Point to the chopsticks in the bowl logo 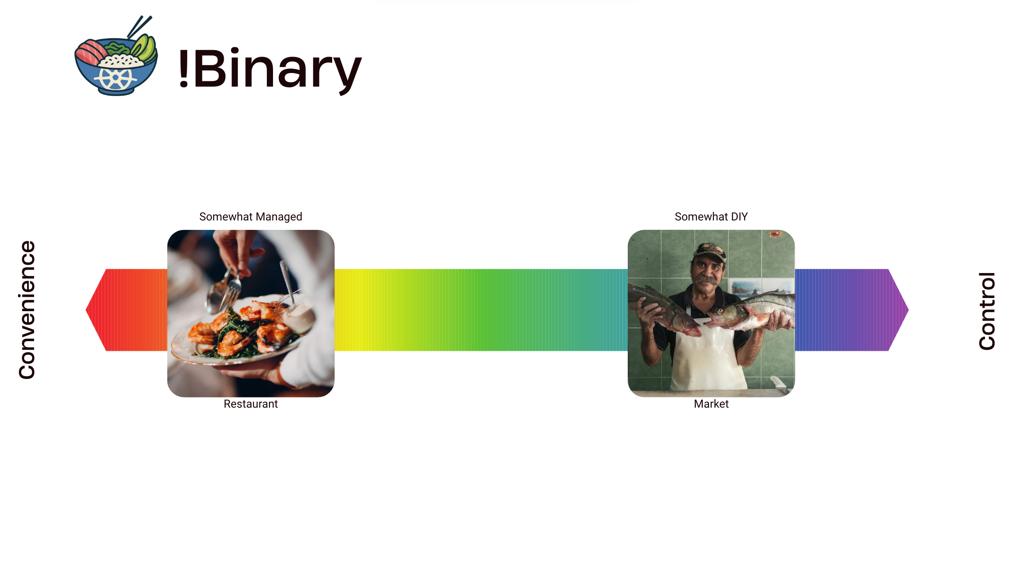point(139,26)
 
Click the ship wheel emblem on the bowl point(115,78)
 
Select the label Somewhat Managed point(250,217)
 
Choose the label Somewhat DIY point(711,217)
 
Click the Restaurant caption point(250,404)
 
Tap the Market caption point(711,404)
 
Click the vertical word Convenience point(27,310)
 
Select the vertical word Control point(987,311)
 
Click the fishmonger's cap point(709,251)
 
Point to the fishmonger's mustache point(706,280)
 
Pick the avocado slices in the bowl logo point(145,48)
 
